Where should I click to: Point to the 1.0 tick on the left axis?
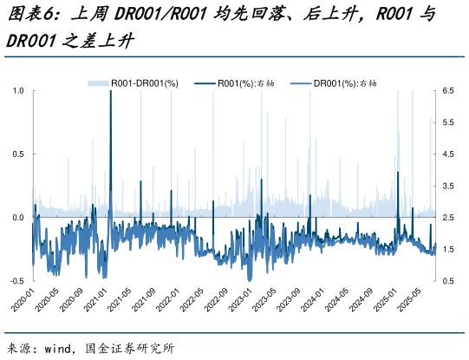[x=18, y=90]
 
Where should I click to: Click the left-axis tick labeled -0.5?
[x=16, y=281]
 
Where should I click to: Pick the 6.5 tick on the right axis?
[x=448, y=90]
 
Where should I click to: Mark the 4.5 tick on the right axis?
[x=448, y=154]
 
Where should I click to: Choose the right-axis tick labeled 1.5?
[x=448, y=250]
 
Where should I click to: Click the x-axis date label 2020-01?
[x=22, y=304]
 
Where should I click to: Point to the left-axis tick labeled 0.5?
[x=18, y=154]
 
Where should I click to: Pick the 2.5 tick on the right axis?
[x=448, y=218]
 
